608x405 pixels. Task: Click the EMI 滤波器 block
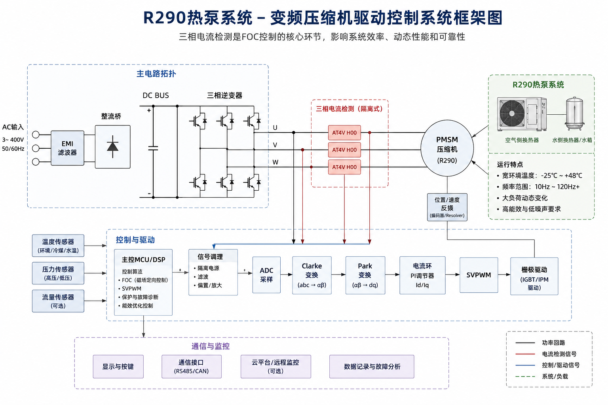pyautogui.click(x=67, y=148)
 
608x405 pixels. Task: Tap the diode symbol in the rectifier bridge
pyautogui.click(x=113, y=146)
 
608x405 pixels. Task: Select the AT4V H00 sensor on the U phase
pyautogui.click(x=344, y=132)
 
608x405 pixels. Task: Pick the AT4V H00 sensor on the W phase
pyautogui.click(x=344, y=167)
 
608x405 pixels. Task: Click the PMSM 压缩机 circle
pyautogui.click(x=447, y=148)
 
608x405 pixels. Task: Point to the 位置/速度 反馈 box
pyautogui.click(x=447, y=207)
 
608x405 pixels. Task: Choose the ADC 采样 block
pyautogui.click(x=266, y=275)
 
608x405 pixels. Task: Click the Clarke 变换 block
pyautogui.click(x=312, y=275)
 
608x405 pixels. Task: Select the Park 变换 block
pyautogui.click(x=365, y=275)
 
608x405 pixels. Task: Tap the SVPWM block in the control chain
pyautogui.click(x=479, y=275)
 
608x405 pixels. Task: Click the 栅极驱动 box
pyautogui.click(x=534, y=276)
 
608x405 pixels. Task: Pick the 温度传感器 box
pyautogui.click(x=58, y=246)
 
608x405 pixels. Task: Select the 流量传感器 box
pyautogui.click(x=58, y=301)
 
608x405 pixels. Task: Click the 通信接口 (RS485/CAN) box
pyautogui.click(x=192, y=367)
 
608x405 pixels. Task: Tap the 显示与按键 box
pyautogui.click(x=118, y=367)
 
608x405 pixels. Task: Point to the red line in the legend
pyautogui.click(x=525, y=354)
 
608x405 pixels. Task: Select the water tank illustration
pyautogui.click(x=574, y=114)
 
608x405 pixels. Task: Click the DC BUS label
pyautogui.click(x=156, y=95)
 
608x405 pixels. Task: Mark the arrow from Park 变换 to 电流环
pyautogui.click(x=392, y=274)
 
